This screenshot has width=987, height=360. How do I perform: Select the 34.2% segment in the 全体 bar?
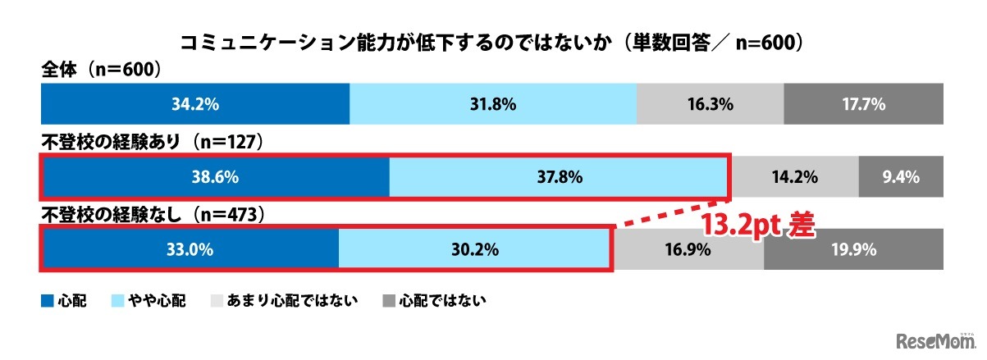click(x=195, y=104)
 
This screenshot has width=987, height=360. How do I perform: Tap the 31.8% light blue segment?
click(x=492, y=104)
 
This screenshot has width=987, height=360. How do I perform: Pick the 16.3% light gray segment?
click(x=710, y=104)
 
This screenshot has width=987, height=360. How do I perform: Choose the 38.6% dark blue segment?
click(x=215, y=176)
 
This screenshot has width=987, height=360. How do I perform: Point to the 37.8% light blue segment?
click(x=558, y=176)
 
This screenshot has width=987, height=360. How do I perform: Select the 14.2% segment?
click(x=794, y=176)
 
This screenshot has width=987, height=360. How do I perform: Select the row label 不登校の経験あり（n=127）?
click(x=151, y=143)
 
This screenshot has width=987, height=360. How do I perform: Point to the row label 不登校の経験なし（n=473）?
click(x=151, y=215)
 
